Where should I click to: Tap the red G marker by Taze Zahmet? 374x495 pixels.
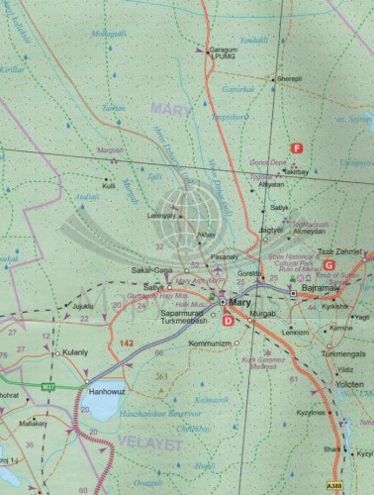(x=327, y=264)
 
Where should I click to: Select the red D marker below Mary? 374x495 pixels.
(x=229, y=319)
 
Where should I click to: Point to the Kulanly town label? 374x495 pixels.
(x=75, y=351)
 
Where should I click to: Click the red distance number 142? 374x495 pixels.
(x=125, y=342)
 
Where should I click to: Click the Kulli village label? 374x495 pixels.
(x=109, y=185)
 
